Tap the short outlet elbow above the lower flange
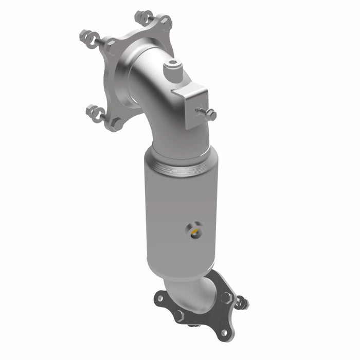193,288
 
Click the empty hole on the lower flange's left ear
161,297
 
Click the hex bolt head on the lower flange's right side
226,297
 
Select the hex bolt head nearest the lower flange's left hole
178,314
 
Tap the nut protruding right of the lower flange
242,303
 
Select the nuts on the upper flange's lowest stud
96,110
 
